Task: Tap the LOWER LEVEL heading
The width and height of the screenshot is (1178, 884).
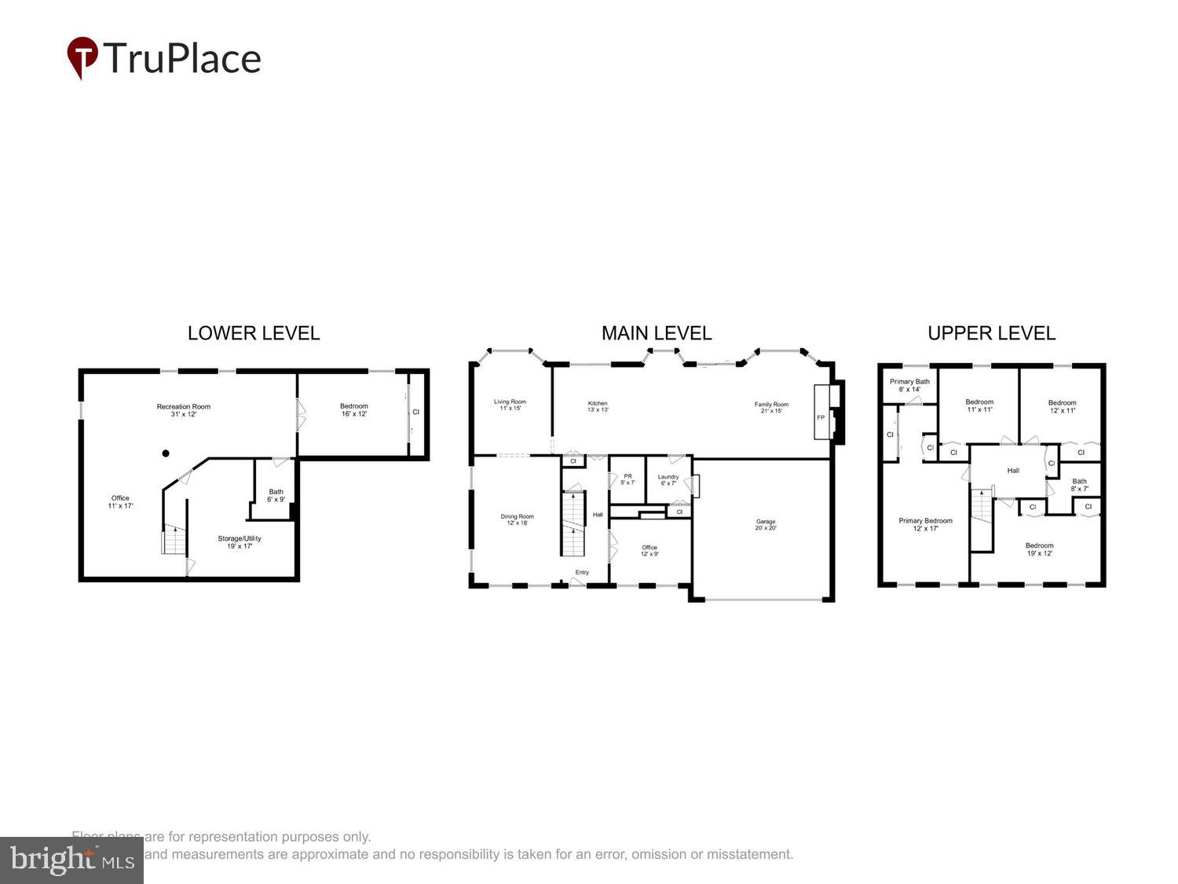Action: point(254,333)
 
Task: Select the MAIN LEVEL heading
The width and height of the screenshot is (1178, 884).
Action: point(657,333)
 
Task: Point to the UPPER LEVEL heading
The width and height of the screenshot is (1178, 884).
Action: point(991,333)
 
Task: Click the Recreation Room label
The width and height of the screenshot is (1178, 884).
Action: point(184,410)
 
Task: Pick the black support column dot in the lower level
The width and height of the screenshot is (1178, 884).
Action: point(166,453)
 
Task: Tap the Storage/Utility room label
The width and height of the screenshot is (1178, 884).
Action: point(240,542)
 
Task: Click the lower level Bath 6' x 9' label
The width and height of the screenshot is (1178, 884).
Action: point(276,496)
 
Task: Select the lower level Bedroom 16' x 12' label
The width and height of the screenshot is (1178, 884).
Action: point(354,410)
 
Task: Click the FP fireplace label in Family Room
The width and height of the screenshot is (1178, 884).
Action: point(821,417)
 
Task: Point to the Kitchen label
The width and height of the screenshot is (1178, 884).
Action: point(598,406)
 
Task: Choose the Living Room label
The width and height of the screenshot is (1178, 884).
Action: point(510,405)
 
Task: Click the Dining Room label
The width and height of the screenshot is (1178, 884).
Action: point(517,520)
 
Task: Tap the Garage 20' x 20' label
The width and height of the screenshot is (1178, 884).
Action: point(766,525)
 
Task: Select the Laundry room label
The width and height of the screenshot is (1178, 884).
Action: point(668,480)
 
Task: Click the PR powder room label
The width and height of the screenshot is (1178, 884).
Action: point(627,479)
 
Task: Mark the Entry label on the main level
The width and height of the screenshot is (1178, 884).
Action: point(582,573)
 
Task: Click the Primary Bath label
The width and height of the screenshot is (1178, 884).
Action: point(909,385)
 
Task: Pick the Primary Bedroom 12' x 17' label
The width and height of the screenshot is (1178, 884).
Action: point(925,524)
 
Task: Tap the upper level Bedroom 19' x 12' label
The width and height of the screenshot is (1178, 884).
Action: point(1039,549)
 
